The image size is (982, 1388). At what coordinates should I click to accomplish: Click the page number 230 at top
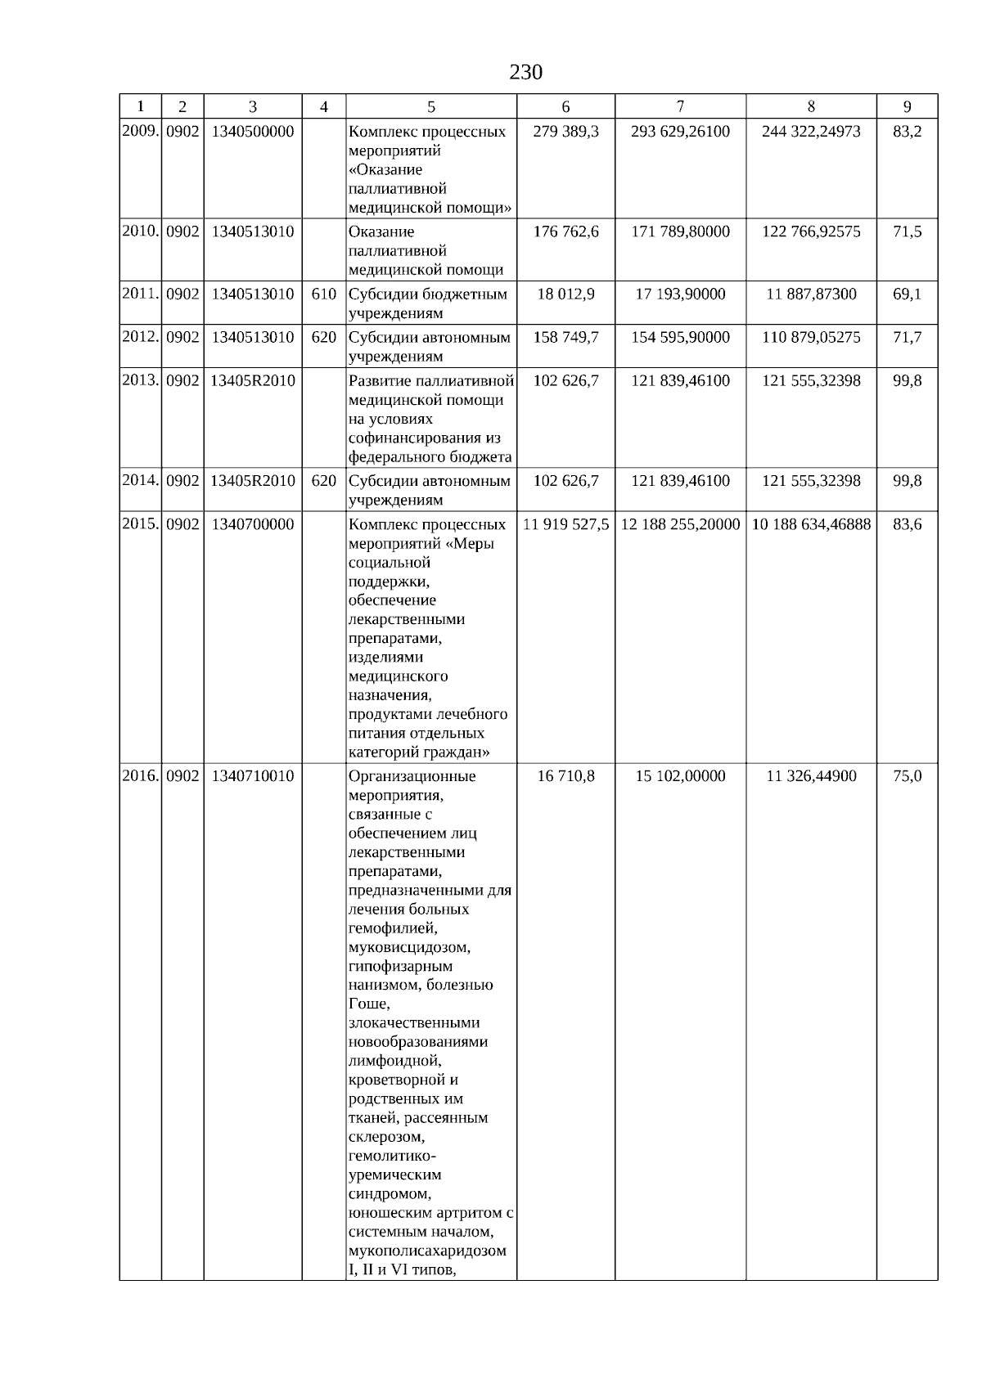click(525, 73)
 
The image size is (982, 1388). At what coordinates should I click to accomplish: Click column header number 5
click(431, 106)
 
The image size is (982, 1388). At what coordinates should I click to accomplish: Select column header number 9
click(907, 106)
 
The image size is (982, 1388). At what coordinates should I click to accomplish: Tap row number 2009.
click(140, 131)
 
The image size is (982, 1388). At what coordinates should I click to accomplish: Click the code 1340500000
click(252, 131)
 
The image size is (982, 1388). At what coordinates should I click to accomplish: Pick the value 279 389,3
click(565, 131)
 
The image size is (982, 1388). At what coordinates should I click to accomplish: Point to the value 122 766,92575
click(811, 231)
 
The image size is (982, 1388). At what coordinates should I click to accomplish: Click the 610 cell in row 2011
click(323, 294)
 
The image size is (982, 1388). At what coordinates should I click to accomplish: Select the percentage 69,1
click(907, 294)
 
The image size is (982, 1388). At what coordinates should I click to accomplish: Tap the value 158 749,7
click(565, 337)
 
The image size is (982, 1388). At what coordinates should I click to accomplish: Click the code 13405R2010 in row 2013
click(252, 380)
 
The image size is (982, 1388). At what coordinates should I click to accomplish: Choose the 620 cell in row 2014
click(323, 481)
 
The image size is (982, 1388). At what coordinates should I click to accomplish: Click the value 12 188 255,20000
click(680, 524)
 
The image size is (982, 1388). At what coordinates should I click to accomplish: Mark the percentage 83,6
click(907, 524)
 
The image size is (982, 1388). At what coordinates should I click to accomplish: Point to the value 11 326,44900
click(811, 775)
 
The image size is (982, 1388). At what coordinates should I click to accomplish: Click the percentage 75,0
click(907, 775)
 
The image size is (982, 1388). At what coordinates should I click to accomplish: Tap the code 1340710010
click(252, 775)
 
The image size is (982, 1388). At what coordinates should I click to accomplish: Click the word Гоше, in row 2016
click(369, 1004)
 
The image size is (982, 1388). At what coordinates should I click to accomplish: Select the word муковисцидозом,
click(409, 947)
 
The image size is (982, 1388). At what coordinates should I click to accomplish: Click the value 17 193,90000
click(680, 294)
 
